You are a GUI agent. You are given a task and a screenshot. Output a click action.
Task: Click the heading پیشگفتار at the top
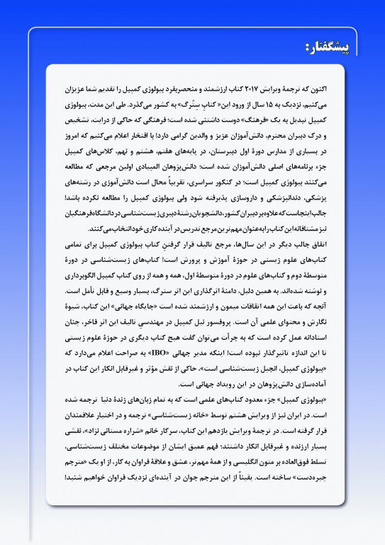[334, 47]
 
